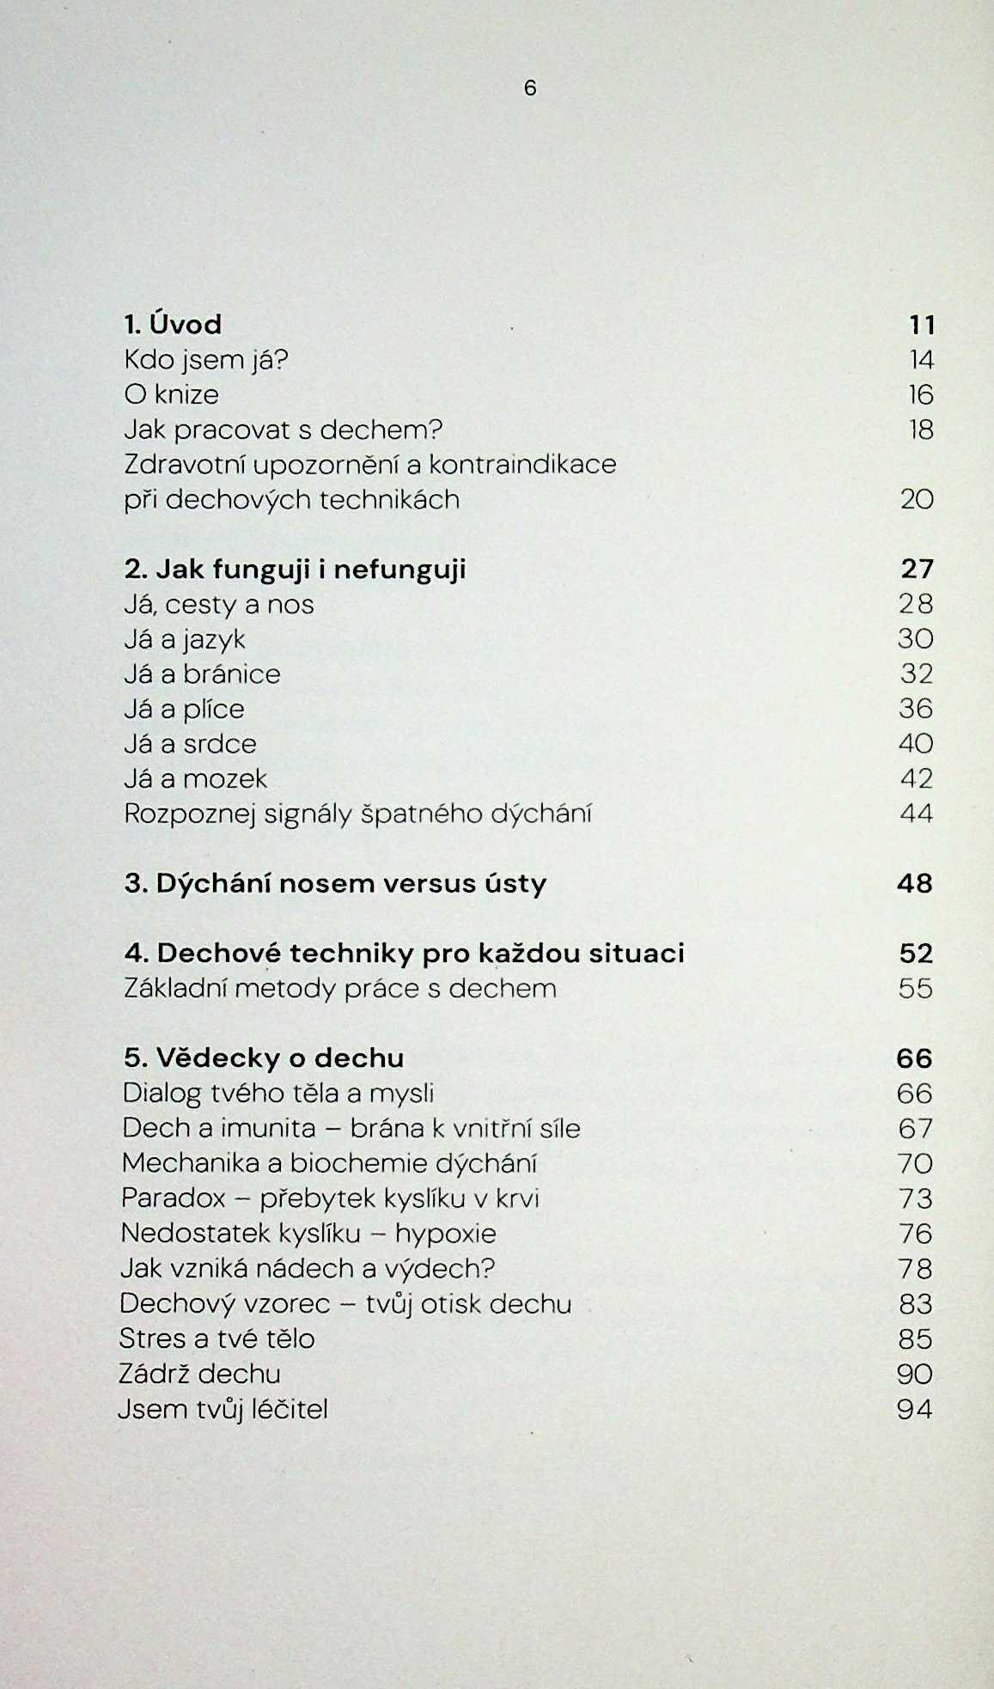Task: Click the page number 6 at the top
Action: (x=529, y=88)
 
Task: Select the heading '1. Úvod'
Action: (x=173, y=325)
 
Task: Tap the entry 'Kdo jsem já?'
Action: (x=205, y=360)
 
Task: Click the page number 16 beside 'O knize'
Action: (x=920, y=395)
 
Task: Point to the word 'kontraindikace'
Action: (x=522, y=465)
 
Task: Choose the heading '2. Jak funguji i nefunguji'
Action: (x=295, y=570)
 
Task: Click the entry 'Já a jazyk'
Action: (x=185, y=640)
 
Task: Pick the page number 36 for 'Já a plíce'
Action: (x=916, y=709)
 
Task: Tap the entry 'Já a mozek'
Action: (x=195, y=779)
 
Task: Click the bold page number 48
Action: (x=914, y=884)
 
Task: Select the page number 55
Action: (x=915, y=989)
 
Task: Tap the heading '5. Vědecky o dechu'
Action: (x=264, y=1058)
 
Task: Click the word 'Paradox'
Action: (x=174, y=1198)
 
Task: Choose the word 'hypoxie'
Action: (x=445, y=1234)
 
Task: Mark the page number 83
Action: (x=915, y=1304)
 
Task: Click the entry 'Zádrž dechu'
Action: (x=199, y=1374)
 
